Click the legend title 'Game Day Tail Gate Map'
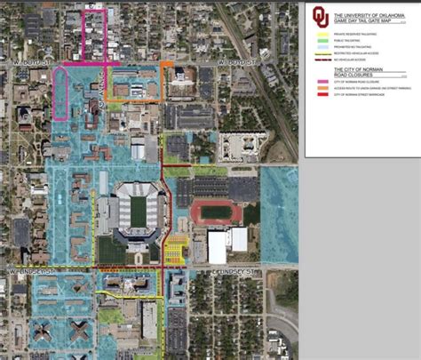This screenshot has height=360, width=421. tap(369, 17)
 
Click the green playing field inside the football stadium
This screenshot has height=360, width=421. tap(137, 211)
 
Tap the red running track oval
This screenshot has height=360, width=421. tap(214, 212)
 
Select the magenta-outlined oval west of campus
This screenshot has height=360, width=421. tap(60, 93)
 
